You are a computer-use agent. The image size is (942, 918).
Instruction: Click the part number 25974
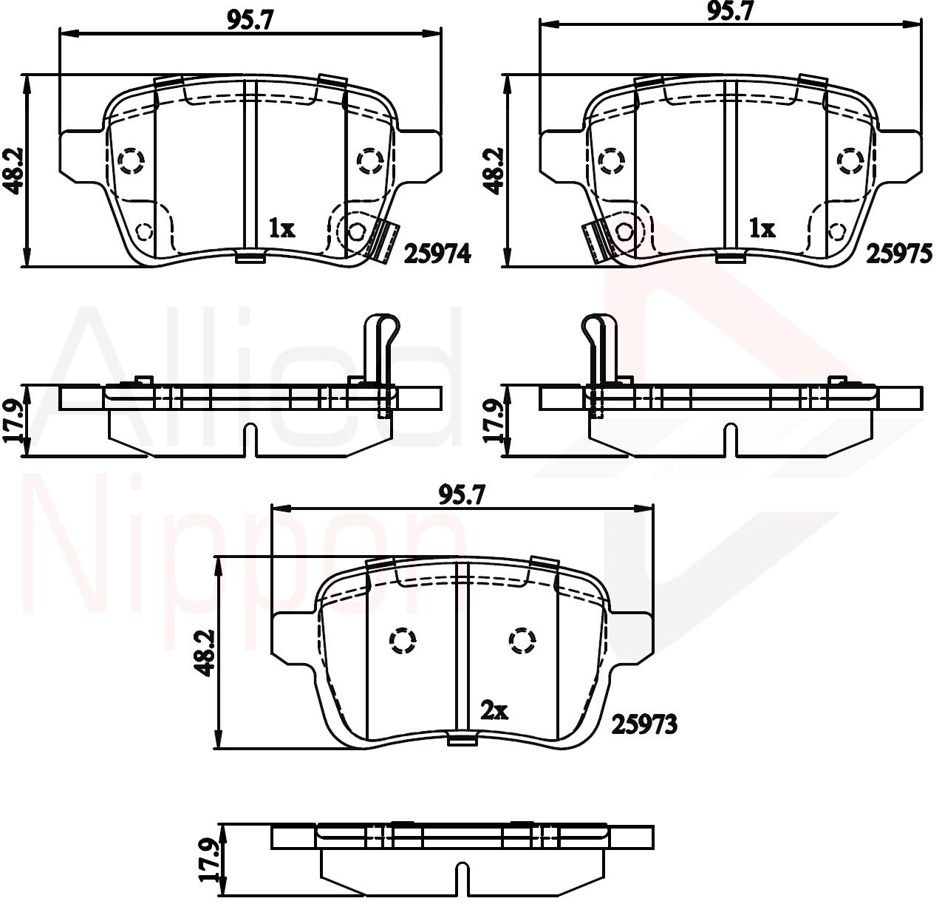tap(437, 254)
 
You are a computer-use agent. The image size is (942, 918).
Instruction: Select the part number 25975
tap(899, 254)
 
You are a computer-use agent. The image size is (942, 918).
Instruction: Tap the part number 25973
tap(645, 725)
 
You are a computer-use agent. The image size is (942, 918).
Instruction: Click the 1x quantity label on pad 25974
tap(281, 228)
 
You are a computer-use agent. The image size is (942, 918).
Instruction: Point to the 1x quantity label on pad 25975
tap(762, 228)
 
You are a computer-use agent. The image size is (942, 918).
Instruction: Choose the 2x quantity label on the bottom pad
tap(494, 710)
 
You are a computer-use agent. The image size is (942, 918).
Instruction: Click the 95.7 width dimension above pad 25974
tap(250, 20)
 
